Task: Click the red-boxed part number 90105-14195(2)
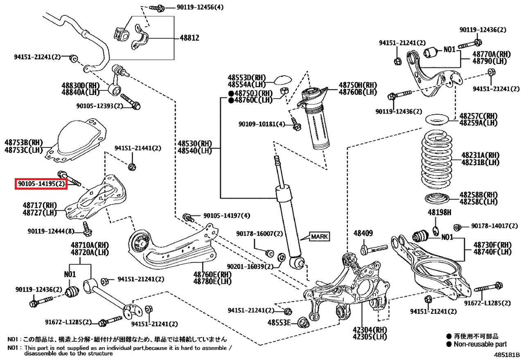(41, 184)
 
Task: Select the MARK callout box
(319, 236)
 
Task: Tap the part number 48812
(189, 38)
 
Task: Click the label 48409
(363, 234)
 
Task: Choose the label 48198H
(440, 213)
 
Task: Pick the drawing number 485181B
(507, 355)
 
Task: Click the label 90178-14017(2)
(489, 226)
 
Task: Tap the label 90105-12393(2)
(99, 106)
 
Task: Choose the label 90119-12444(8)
(51, 231)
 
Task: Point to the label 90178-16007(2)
(259, 233)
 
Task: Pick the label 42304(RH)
(363, 330)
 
